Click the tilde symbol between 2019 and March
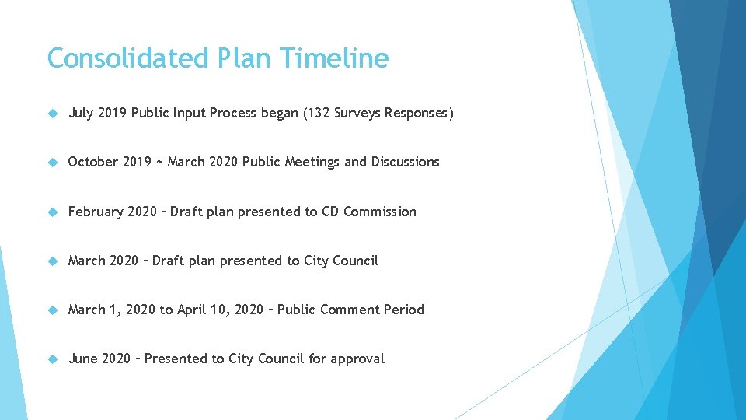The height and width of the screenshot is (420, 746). pos(159,162)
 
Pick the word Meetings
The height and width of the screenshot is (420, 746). pos(313,162)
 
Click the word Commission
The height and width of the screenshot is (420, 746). pos(379,212)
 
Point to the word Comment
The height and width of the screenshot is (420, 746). pos(349,310)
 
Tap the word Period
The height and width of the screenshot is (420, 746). pos(404,310)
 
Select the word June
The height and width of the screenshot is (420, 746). pos(82,359)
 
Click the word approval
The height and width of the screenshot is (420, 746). pos(357,359)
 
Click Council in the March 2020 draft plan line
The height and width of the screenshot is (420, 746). pos(355,261)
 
